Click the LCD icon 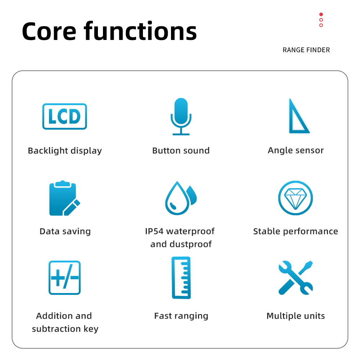pos(65,116)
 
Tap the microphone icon pos(181,116)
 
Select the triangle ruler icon pos(298,117)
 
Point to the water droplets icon pos(180,198)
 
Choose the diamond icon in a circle pos(295,198)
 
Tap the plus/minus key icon pos(64,278)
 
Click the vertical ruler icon pos(181,278)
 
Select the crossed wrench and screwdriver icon pos(296,278)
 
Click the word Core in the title pos(49,32)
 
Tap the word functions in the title pos(140,32)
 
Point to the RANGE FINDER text pos(306,50)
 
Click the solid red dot pos(321,14)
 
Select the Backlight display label pos(65,150)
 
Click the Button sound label pos(181,150)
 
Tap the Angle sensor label pos(296,150)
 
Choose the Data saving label pos(65,231)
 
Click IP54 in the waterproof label pos(154,231)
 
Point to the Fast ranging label pos(181,316)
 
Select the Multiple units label pos(296,316)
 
